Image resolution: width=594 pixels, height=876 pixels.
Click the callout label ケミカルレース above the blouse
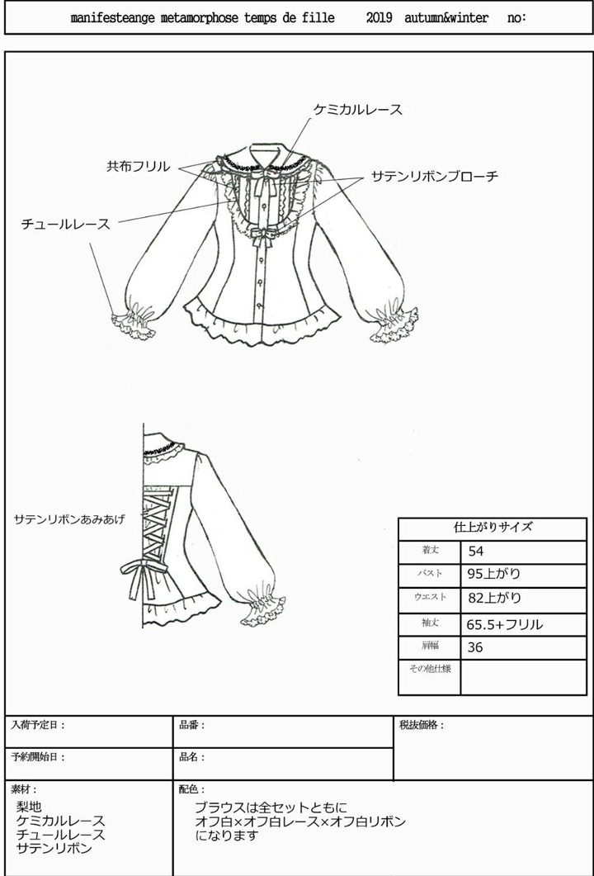358,110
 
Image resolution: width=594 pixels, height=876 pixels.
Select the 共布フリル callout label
138,166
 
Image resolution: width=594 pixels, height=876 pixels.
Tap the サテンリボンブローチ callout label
434,176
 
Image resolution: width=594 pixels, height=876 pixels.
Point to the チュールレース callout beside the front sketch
65,224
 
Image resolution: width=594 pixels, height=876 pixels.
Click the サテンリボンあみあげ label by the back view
69,519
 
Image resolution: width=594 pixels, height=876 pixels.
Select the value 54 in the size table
476,552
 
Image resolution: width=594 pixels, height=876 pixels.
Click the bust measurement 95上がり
494,575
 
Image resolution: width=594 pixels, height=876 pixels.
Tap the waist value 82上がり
494,599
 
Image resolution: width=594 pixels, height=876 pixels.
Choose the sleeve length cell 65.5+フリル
505,624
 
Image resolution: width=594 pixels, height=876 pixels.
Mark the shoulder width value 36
475,647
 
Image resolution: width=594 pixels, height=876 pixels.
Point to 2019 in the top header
380,17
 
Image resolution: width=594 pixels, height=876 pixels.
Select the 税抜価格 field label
421,725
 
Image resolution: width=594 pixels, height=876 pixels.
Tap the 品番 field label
191,725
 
